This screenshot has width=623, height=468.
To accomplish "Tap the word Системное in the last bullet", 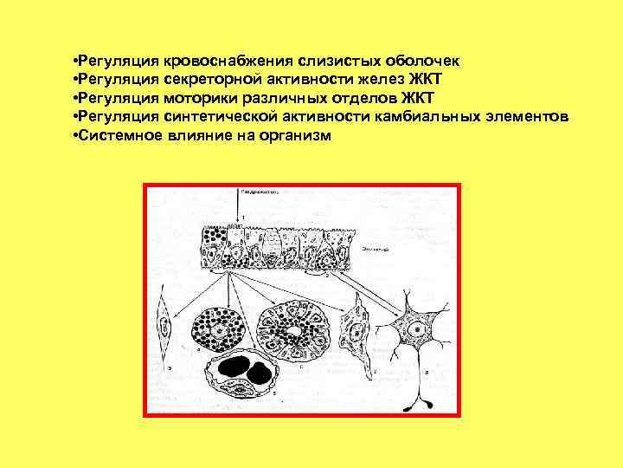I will (x=115, y=136).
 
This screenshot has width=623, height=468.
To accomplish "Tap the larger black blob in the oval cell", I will (x=233, y=367).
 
